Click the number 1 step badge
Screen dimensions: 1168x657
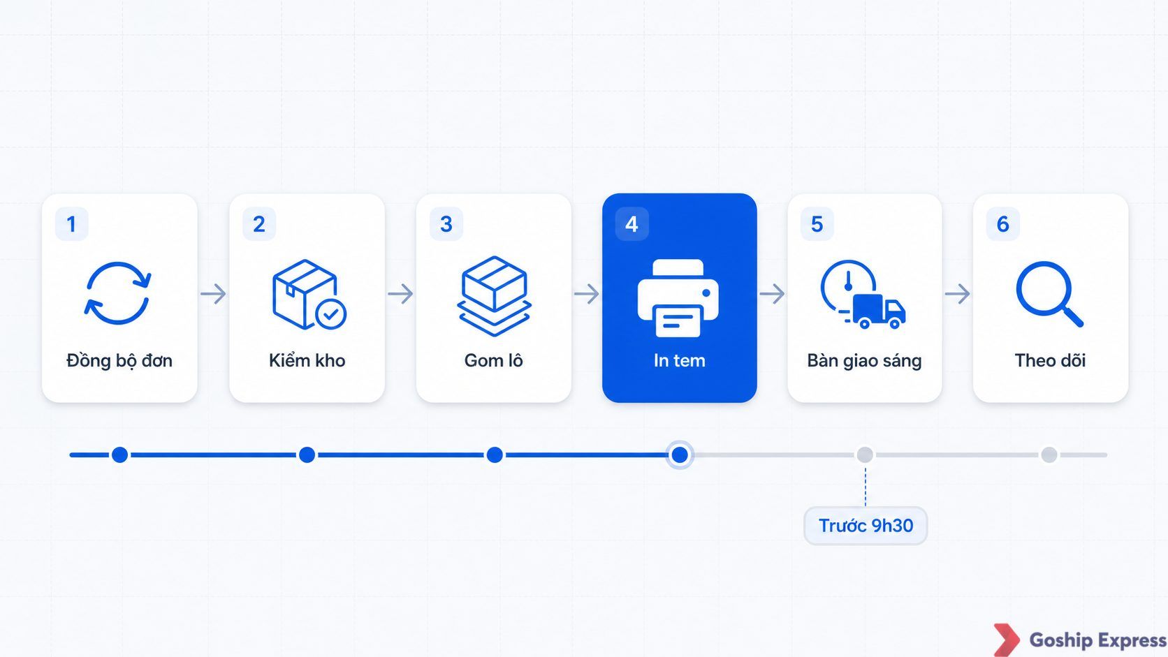click(x=71, y=224)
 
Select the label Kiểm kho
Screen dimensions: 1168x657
click(x=307, y=360)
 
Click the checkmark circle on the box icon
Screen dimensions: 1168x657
click(x=330, y=314)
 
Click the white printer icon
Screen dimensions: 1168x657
click(x=678, y=298)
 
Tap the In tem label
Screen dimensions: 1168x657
click(x=679, y=360)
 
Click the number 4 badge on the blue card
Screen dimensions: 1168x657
click(x=632, y=224)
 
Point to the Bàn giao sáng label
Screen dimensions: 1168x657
click(x=864, y=360)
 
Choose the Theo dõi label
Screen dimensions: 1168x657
click(x=1050, y=360)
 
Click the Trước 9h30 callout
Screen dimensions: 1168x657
click(x=866, y=526)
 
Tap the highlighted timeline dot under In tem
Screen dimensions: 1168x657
click(x=680, y=455)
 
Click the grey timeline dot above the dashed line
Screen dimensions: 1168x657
click(x=865, y=455)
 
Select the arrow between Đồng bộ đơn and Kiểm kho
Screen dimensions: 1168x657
click(x=213, y=294)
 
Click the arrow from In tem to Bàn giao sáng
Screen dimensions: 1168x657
click(x=772, y=294)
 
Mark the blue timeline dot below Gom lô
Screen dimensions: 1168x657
click(x=495, y=455)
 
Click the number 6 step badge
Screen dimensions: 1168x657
click(x=1002, y=224)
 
